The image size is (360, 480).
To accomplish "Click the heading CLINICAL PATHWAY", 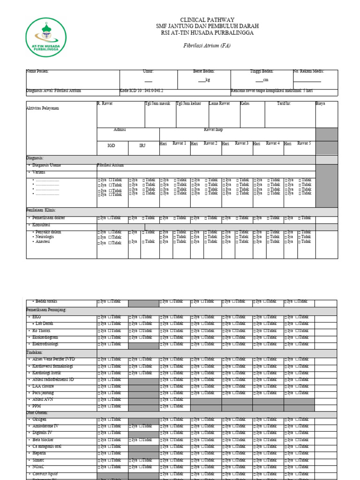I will (207, 20).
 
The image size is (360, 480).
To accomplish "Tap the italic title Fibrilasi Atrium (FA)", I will (207, 46).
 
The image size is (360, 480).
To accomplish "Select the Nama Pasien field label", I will (37, 72).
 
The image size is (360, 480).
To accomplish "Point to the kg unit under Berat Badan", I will (207, 80).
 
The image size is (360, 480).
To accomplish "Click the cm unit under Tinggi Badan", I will (265, 80).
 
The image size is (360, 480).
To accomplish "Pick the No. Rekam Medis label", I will (308, 72).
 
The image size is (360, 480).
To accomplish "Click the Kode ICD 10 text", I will (142, 90).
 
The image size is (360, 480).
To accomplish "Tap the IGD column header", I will (111, 146).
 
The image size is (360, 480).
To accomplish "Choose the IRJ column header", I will (142, 146).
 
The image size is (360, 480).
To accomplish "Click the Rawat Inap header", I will (213, 129).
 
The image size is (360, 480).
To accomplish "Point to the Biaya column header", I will (320, 103).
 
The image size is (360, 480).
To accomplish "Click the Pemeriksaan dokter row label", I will (48, 218).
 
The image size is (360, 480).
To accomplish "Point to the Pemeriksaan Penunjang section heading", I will (46, 310).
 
